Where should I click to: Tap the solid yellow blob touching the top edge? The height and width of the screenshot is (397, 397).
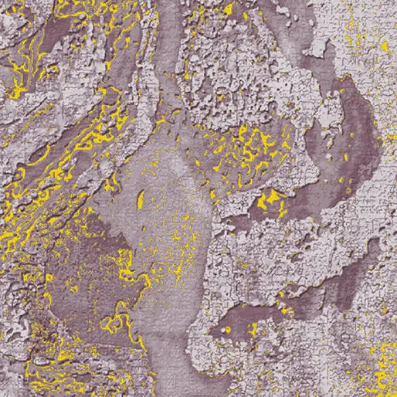point(228,9)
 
